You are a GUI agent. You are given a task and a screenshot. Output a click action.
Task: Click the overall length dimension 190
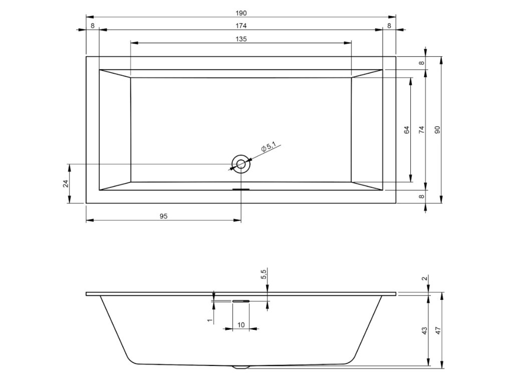coord(241,13)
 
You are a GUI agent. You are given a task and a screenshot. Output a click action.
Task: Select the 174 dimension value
coord(241,26)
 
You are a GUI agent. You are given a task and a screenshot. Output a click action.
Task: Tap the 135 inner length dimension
coord(241,39)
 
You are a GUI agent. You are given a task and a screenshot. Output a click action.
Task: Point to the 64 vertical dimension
coord(407,130)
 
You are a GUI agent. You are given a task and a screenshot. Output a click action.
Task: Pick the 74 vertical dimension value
coord(422,130)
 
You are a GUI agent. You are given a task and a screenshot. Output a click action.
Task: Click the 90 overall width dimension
coord(438,130)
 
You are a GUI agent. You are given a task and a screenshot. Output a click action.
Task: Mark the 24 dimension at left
coord(66,183)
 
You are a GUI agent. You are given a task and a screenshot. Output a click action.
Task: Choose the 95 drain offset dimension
coord(164,216)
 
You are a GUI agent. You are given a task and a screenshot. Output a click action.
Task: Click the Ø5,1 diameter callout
coord(269,147)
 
